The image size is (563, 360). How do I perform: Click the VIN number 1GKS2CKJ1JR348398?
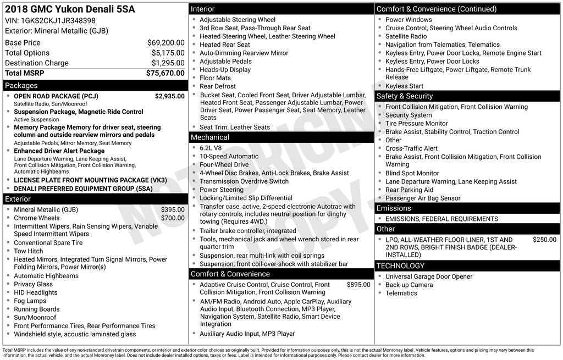58,21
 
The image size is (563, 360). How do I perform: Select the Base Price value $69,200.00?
165,43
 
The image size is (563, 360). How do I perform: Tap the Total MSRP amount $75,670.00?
165,73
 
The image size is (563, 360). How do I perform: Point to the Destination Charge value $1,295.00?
168,63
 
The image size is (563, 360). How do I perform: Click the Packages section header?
21,86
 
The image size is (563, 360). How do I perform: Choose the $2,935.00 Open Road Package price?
169,96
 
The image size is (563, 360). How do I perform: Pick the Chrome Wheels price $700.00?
173,218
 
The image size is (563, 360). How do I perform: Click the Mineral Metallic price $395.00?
173,209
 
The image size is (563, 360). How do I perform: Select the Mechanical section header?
209,137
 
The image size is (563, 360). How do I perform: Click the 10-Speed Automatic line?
229,156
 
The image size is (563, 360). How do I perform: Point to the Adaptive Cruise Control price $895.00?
358,285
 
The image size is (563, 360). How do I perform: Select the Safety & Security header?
404,96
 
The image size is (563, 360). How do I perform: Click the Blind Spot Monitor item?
412,173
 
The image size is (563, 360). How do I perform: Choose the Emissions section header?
394,208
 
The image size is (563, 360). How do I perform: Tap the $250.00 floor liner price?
544,240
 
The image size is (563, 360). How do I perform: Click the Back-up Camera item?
409,285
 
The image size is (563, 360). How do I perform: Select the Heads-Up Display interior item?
225,70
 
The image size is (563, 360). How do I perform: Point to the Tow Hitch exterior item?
28,251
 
